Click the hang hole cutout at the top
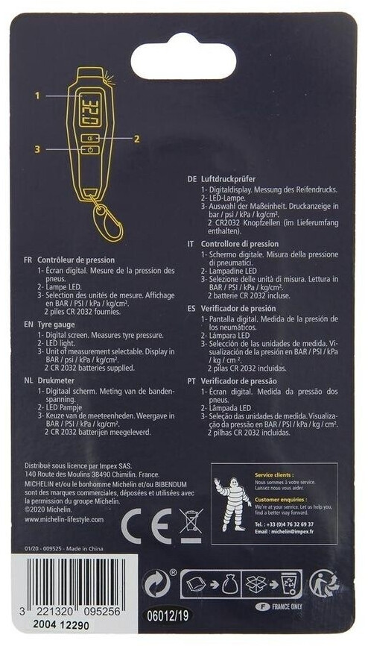[183, 60]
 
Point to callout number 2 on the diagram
[136, 138]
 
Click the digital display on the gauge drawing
[88, 108]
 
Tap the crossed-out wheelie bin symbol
[191, 526]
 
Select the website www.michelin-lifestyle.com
[64, 520]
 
